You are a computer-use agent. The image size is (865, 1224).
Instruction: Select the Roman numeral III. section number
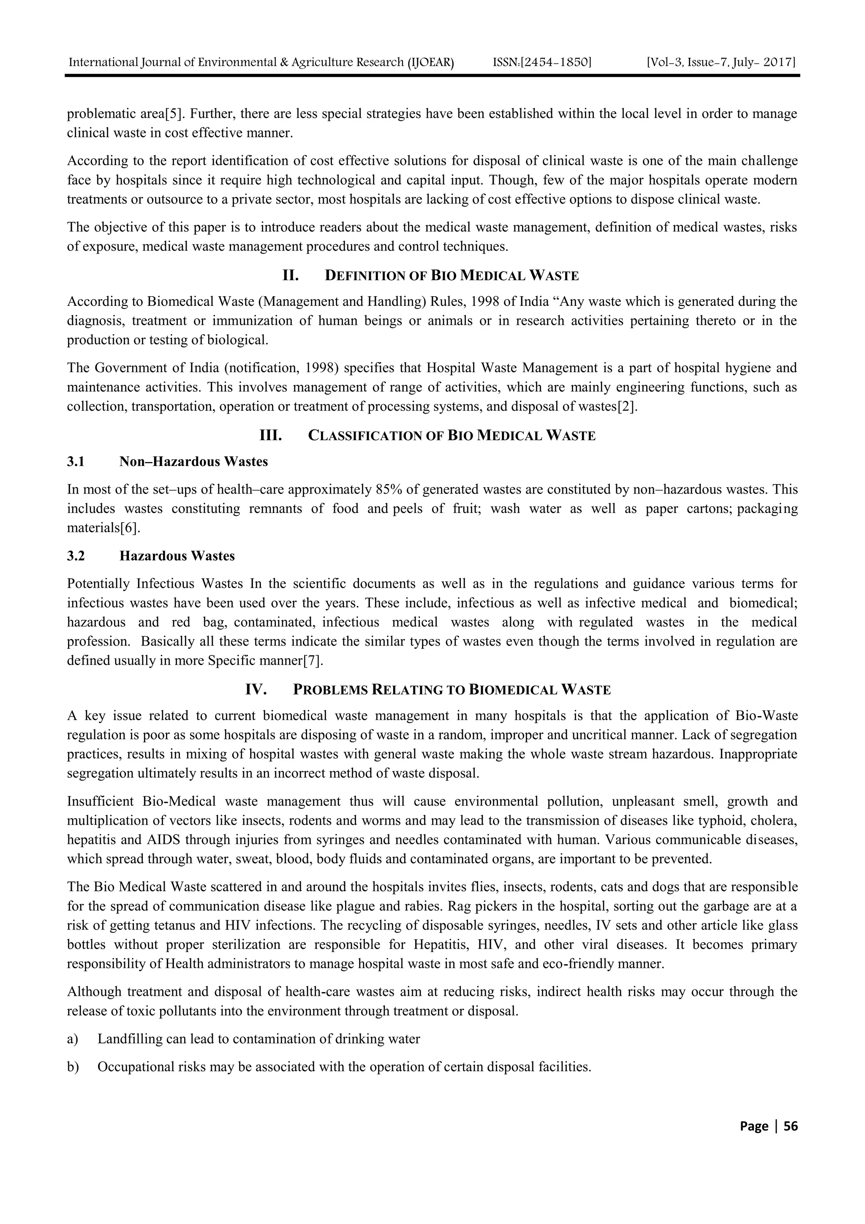270,436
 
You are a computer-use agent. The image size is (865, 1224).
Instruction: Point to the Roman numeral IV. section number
256,690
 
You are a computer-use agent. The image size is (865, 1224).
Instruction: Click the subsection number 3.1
76,462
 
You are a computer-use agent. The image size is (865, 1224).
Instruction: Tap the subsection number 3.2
76,556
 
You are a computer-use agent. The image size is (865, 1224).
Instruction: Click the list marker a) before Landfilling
73,1039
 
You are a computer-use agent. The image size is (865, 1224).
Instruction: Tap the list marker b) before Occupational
73,1067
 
